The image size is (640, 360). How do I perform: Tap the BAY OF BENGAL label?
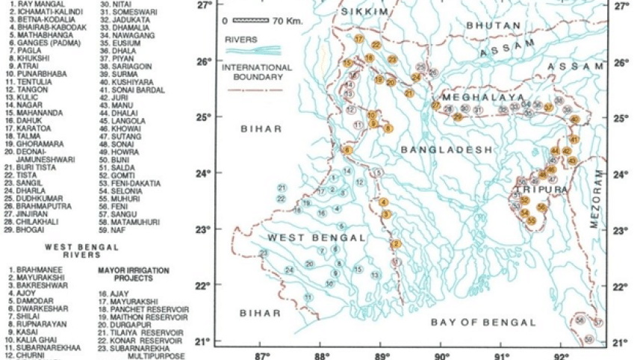(x=483, y=322)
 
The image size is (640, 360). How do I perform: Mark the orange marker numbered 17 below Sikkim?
(x=359, y=38)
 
